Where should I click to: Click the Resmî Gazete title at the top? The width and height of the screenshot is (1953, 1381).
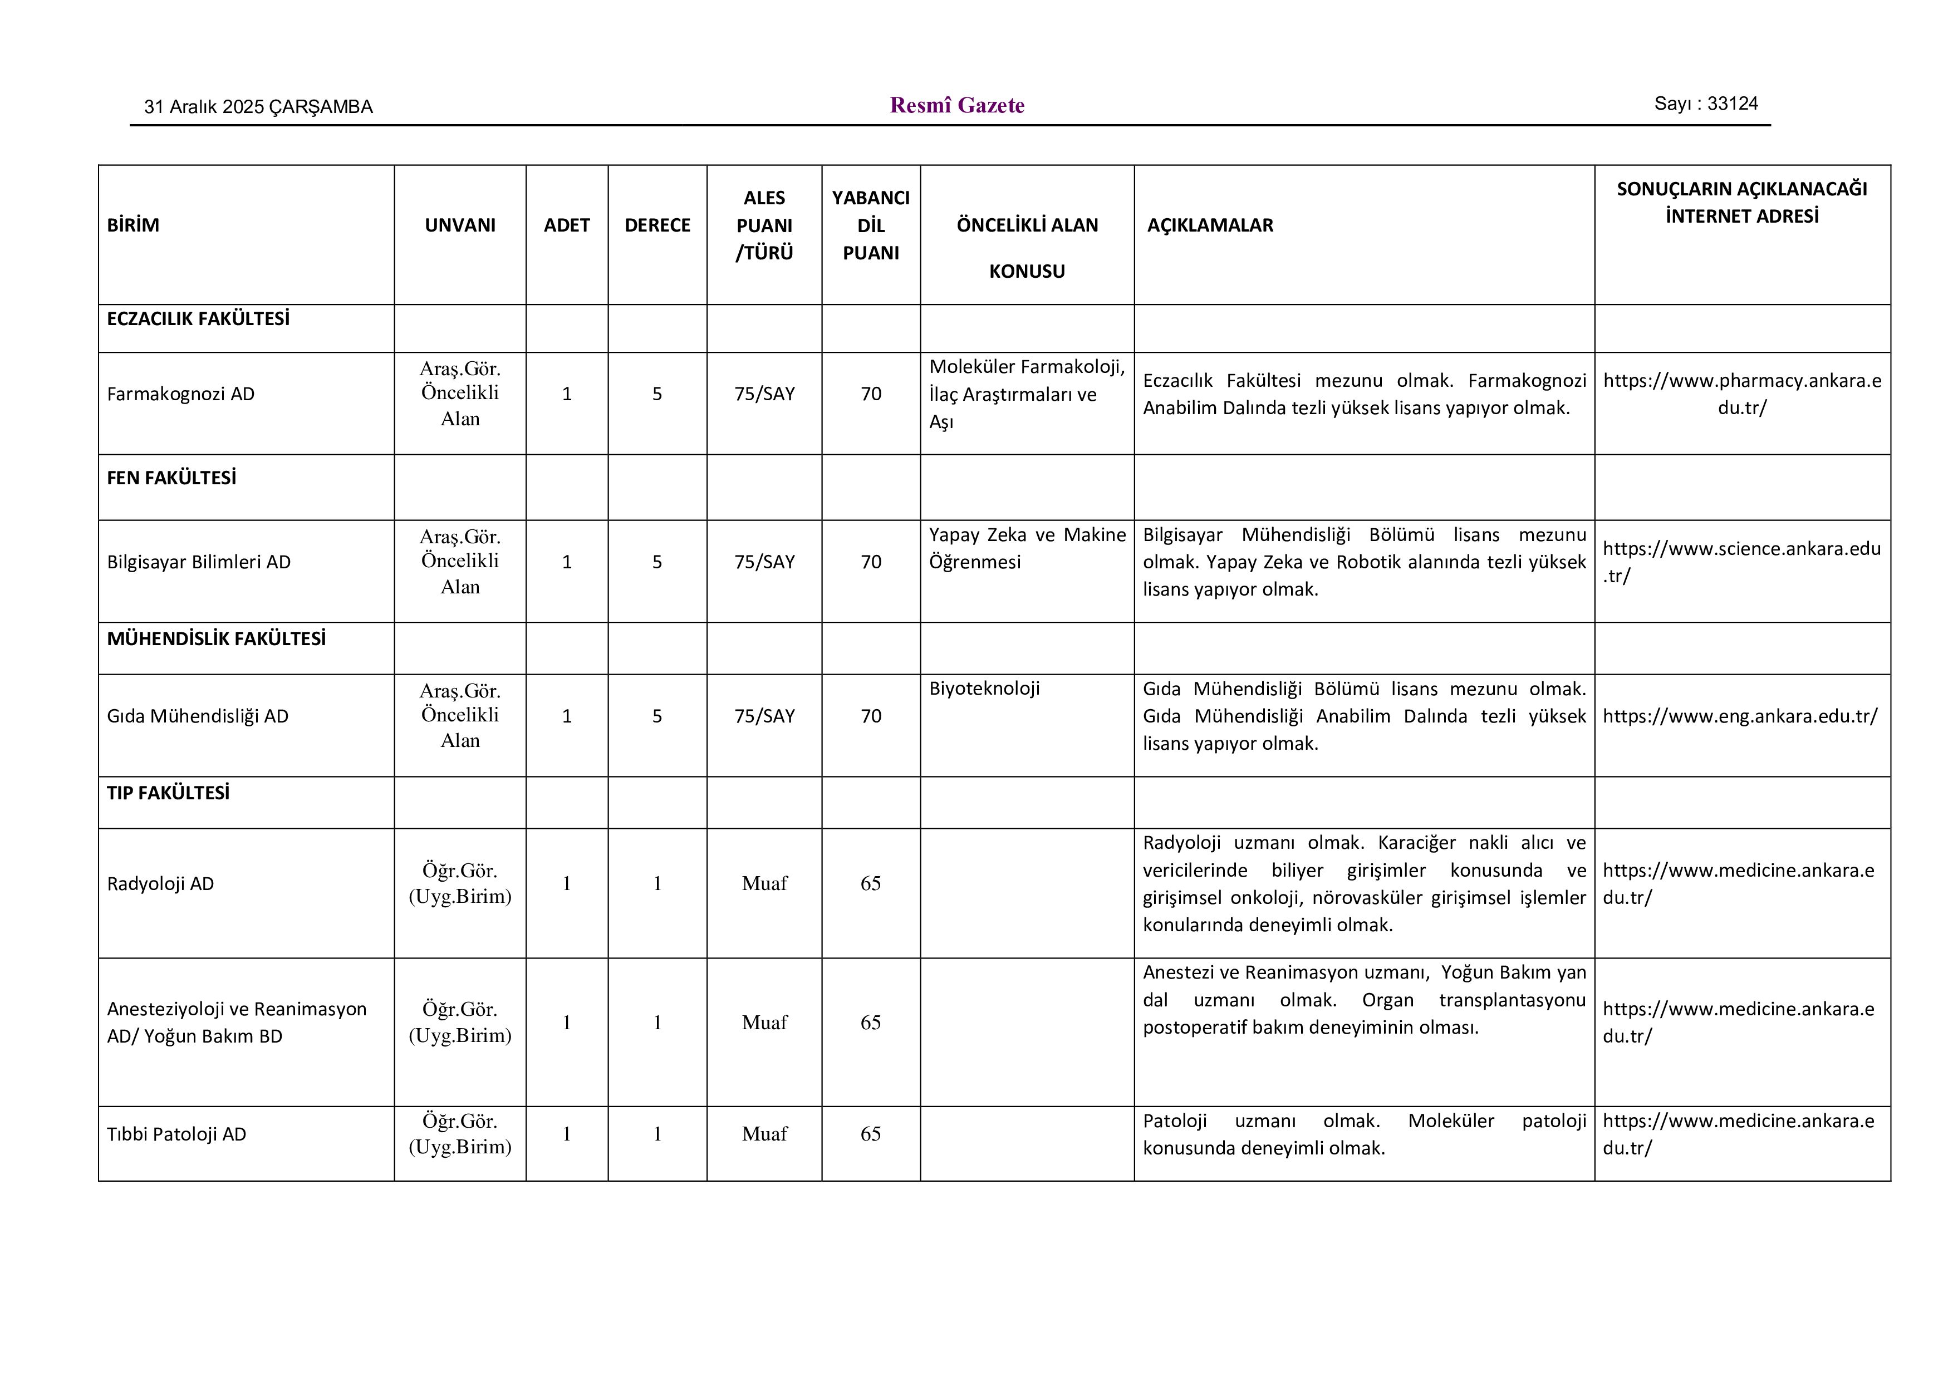click(957, 105)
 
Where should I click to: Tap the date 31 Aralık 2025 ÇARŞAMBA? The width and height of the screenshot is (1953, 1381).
click(258, 107)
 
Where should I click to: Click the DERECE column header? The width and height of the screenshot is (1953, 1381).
click(657, 225)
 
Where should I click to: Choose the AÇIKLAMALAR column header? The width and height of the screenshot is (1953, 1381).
click(1210, 225)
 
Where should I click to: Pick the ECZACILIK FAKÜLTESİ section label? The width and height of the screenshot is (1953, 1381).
click(198, 319)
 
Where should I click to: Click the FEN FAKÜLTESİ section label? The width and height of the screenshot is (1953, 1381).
click(171, 478)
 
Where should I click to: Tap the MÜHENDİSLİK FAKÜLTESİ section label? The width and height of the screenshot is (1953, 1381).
click(216, 638)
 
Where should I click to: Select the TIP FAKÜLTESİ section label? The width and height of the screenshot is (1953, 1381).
click(168, 793)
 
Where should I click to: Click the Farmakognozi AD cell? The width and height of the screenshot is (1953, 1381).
click(180, 394)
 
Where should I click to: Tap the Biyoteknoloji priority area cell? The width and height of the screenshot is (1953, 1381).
click(984, 689)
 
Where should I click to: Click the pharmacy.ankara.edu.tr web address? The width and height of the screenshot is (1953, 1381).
click(1741, 394)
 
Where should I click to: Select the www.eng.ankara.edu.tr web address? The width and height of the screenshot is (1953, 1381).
click(1740, 716)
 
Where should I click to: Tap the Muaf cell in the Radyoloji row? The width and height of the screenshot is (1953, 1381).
click(764, 883)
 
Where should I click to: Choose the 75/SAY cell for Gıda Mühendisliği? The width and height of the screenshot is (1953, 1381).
click(764, 716)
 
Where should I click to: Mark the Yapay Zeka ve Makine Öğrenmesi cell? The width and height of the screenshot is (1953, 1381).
click(1027, 548)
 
